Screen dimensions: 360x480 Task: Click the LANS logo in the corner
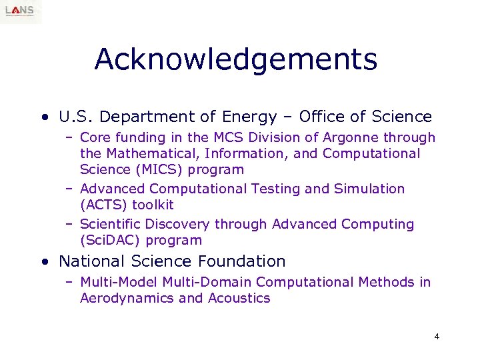pyautogui.click(x=21, y=12)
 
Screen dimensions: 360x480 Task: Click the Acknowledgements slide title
pyautogui.click(x=235, y=59)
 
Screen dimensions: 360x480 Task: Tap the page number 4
pyautogui.click(x=437, y=336)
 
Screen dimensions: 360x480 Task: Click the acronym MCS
pyautogui.click(x=225, y=138)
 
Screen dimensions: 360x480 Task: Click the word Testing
pyautogui.click(x=276, y=189)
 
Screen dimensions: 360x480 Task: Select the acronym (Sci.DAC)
pyautogui.click(x=110, y=241)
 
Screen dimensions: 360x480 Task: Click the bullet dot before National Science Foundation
pyautogui.click(x=44, y=262)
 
